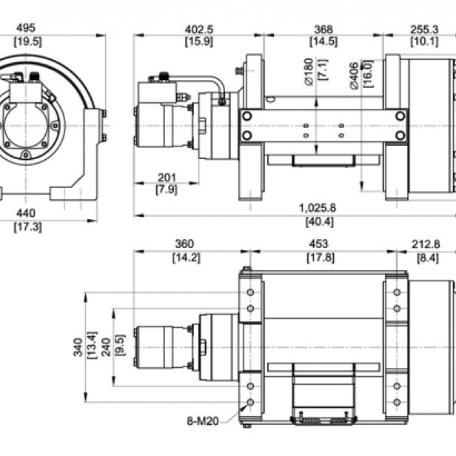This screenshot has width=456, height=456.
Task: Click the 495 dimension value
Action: point(27,29)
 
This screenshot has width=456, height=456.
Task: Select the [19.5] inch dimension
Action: point(27,41)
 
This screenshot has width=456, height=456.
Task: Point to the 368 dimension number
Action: point(324,29)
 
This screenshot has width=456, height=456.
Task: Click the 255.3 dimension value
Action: point(425,29)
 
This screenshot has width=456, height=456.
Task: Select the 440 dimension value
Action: point(27,213)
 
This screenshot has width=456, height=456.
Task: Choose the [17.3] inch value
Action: point(27,227)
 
